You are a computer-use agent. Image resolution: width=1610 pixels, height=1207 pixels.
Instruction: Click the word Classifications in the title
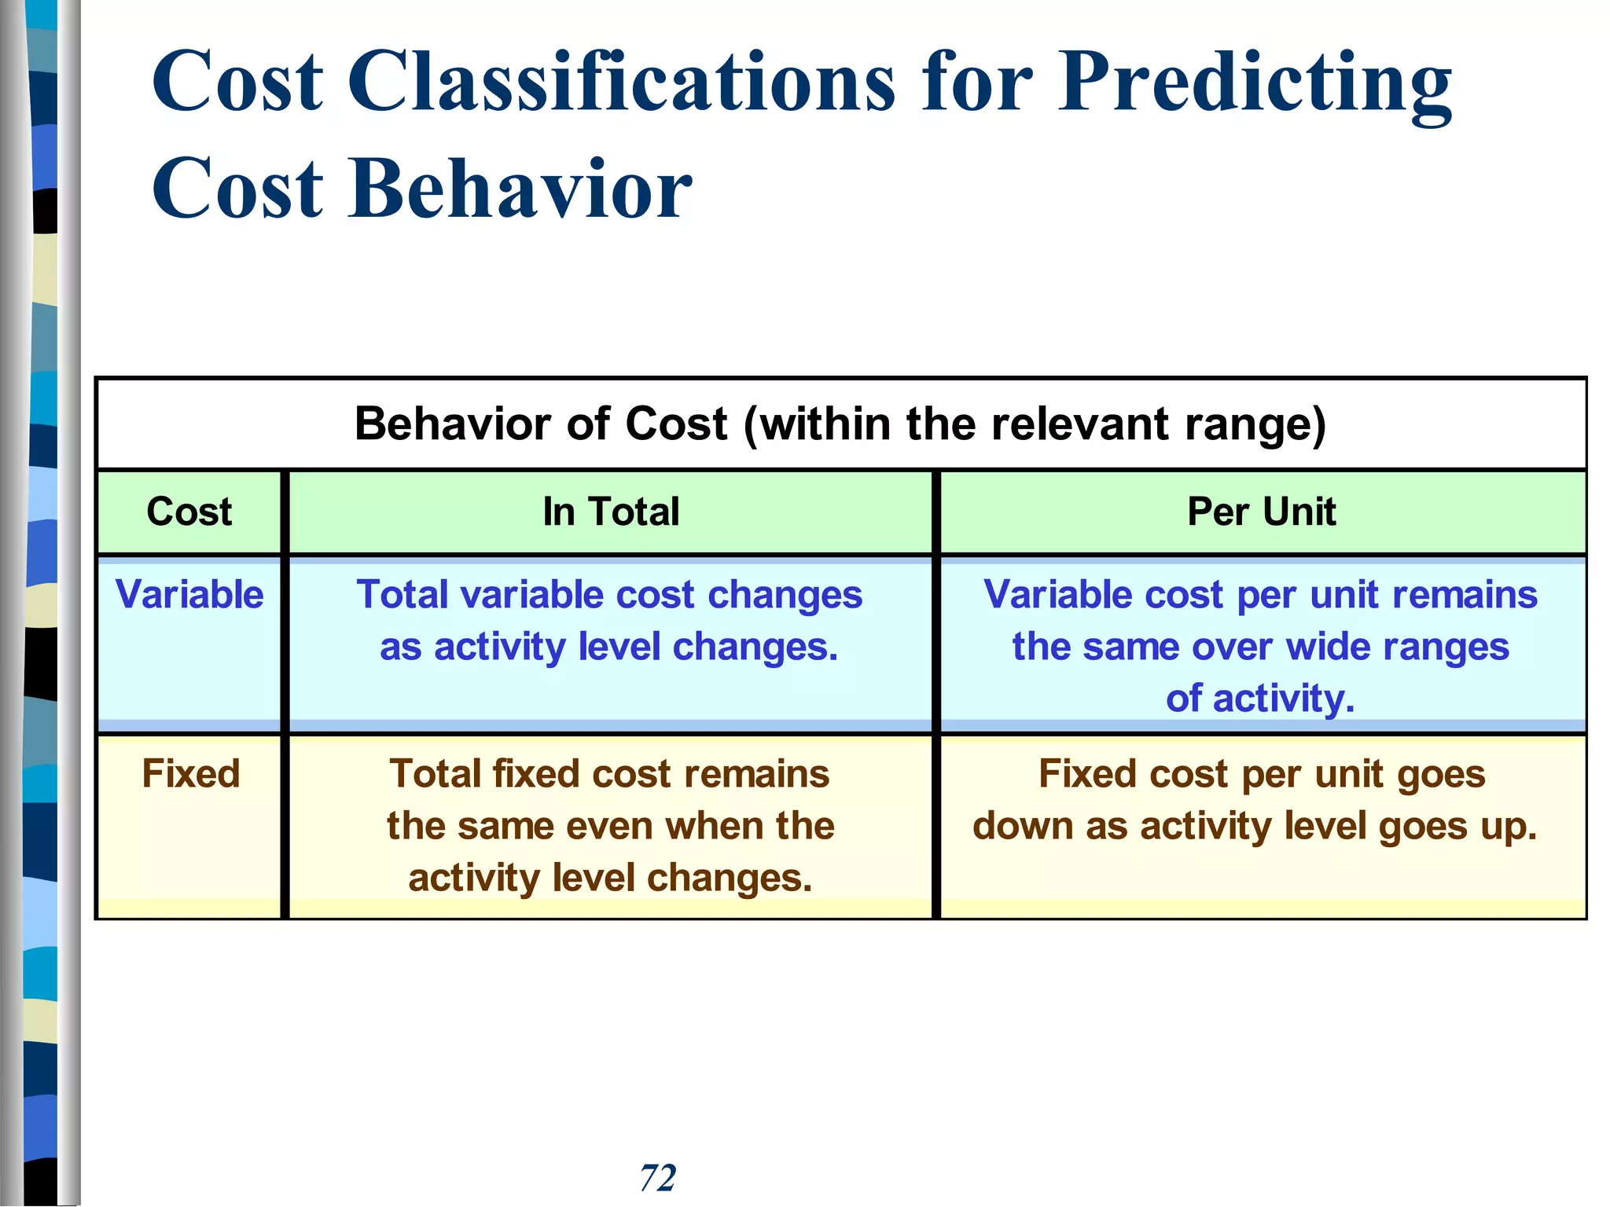coord(621,82)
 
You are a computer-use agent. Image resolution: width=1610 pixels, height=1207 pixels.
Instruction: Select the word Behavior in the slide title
coord(520,189)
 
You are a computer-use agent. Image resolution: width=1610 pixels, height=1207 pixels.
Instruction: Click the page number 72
coord(657,1177)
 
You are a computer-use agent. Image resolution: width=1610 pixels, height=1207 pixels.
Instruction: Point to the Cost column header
coord(189,512)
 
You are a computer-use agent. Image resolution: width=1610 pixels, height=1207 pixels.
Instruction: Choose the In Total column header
coord(611,512)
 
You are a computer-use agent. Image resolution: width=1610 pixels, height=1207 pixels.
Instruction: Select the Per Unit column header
coord(1261,512)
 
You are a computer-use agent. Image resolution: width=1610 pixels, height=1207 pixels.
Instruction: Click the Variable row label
coord(189,594)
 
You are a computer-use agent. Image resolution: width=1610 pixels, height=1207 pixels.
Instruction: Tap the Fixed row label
coord(190,773)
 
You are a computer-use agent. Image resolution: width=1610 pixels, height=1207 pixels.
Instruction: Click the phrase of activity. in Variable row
coord(1260,699)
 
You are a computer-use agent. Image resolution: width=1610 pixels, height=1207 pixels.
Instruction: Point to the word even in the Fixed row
coord(610,826)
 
